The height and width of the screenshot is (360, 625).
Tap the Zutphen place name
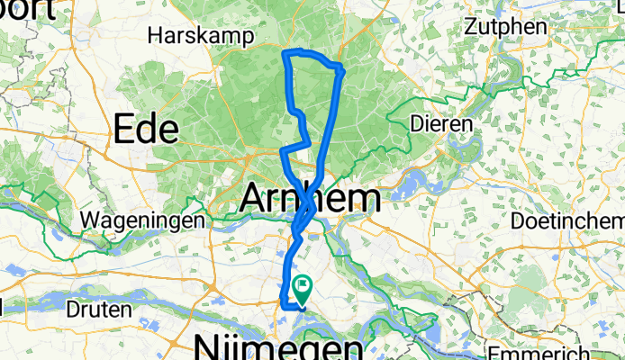coord(505,27)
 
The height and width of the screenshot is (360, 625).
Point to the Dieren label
coord(441,122)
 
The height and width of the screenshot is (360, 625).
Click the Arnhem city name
coord(310,198)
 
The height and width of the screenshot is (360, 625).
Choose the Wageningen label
coord(145,220)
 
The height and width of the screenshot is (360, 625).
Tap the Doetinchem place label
coord(566,220)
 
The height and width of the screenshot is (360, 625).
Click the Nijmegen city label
coord(279,348)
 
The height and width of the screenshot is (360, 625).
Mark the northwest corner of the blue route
coord(286,54)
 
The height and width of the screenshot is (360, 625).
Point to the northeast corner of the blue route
coord(341,67)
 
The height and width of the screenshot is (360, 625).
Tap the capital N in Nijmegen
coord(206,348)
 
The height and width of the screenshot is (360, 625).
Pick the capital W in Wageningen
coord(88,220)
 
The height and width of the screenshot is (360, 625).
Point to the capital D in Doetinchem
coord(515,220)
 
